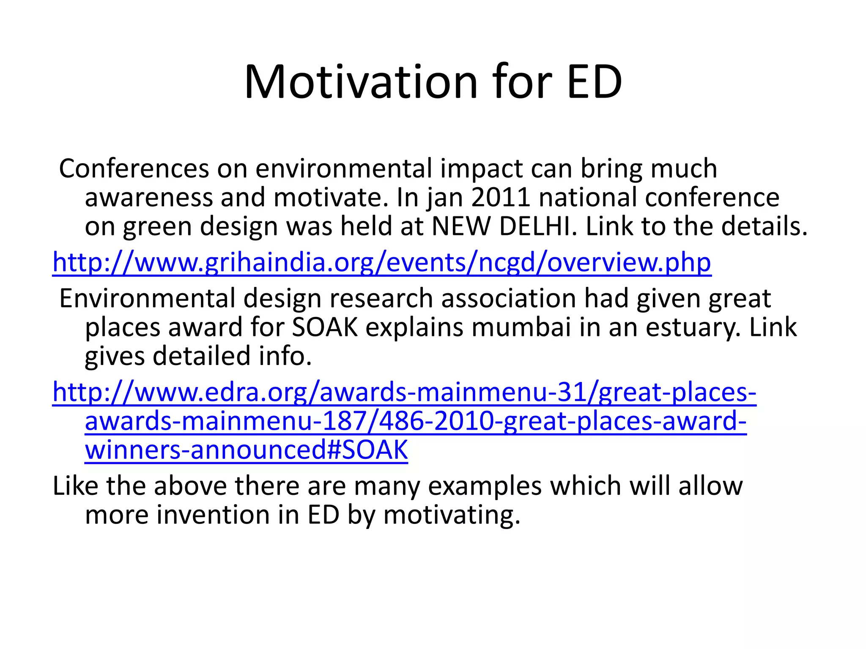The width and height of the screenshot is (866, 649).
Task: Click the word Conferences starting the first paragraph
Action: coord(134,168)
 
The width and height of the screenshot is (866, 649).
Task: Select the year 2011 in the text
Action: coord(500,197)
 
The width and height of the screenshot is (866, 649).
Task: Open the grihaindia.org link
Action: coord(381,262)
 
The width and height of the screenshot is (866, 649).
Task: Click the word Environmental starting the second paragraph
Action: coord(147,298)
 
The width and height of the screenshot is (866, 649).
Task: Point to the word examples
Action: coord(485,486)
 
